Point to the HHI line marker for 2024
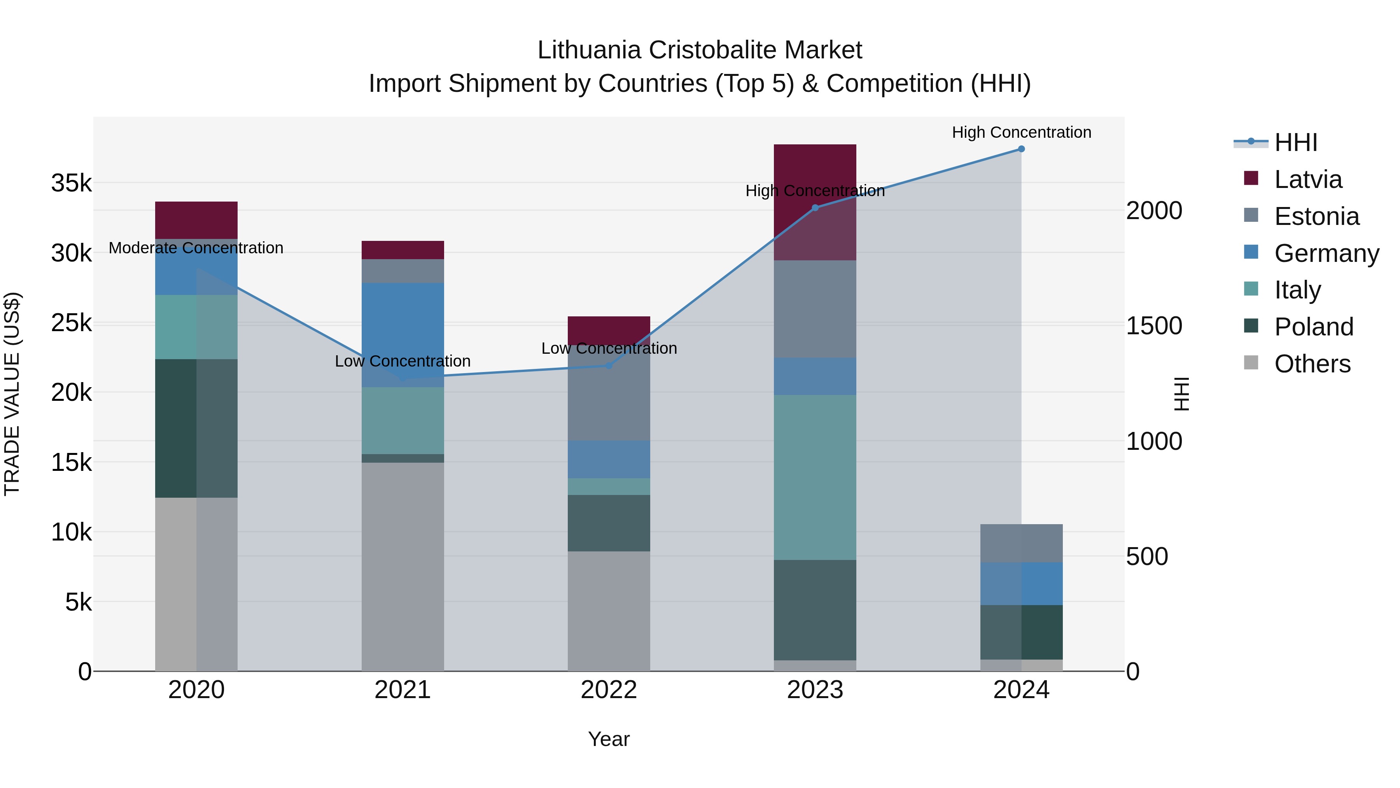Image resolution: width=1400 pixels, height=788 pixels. coord(1021,149)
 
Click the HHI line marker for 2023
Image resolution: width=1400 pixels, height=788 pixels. coord(815,208)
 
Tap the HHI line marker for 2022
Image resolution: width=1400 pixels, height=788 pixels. coord(609,365)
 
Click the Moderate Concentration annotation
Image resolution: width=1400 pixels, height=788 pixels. coord(196,248)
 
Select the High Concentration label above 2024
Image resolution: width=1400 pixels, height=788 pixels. coord(1021,133)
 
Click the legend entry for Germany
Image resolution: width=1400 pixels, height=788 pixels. coord(1326,253)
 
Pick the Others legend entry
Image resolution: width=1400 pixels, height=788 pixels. coord(1312,364)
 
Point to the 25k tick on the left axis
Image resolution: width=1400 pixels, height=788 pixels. coord(71,323)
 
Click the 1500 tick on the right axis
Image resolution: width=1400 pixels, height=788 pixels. coord(1154,326)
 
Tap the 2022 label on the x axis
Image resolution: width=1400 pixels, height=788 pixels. coord(609,690)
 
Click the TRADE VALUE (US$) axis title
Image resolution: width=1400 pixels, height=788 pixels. coord(12,394)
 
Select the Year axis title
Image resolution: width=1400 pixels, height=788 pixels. coord(609,739)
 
